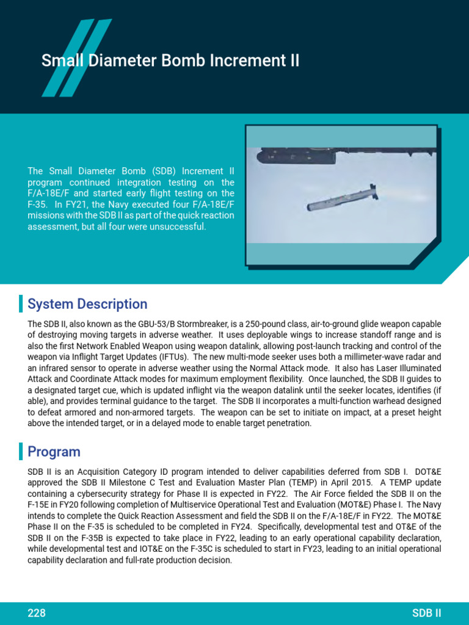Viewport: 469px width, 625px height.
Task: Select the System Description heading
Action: pyautogui.click(x=87, y=304)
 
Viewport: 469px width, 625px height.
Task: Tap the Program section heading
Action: pyautogui.click(x=54, y=452)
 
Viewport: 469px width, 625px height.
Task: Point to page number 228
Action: pyautogui.click(x=37, y=613)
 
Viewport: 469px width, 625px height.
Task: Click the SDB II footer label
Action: pyautogui.click(x=427, y=613)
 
